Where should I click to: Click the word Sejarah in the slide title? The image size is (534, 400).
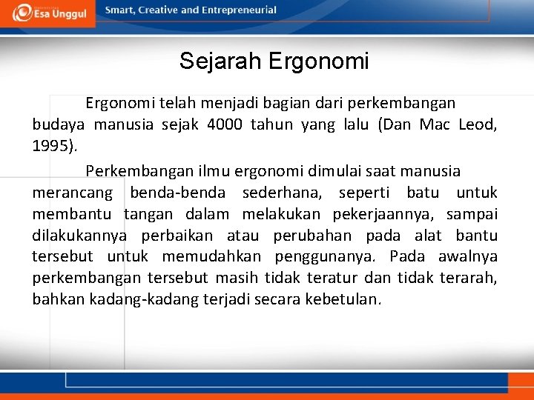click(x=220, y=61)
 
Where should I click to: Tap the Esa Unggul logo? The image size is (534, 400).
click(x=49, y=13)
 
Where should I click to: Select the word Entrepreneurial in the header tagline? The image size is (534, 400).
click(x=238, y=10)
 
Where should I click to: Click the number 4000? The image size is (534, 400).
click(x=222, y=124)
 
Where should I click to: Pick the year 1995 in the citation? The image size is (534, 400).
click(x=52, y=145)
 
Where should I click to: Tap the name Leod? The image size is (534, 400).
click(x=477, y=124)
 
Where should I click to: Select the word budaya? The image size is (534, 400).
click(x=58, y=124)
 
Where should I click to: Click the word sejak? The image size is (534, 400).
click(x=179, y=124)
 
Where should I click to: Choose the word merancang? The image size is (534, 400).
click(x=72, y=193)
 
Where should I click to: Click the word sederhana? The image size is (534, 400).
click(x=271, y=193)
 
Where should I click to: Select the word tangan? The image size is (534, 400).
click(x=148, y=215)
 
